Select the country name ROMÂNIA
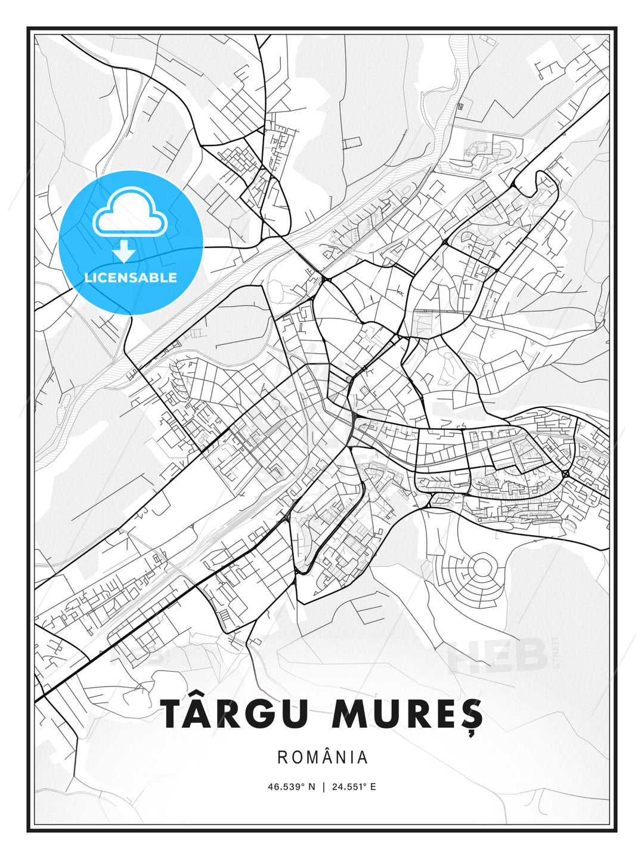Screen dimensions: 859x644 point(323,757)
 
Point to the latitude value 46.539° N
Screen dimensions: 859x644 point(291,787)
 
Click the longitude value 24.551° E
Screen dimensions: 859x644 point(354,787)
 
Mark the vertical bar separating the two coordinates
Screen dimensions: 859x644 point(323,787)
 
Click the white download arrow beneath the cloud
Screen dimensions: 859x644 point(124,252)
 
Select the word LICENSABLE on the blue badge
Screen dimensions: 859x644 point(131,278)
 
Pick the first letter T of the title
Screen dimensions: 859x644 point(174,713)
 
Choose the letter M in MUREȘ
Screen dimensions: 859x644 point(351,713)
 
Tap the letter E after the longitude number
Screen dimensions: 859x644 point(373,787)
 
